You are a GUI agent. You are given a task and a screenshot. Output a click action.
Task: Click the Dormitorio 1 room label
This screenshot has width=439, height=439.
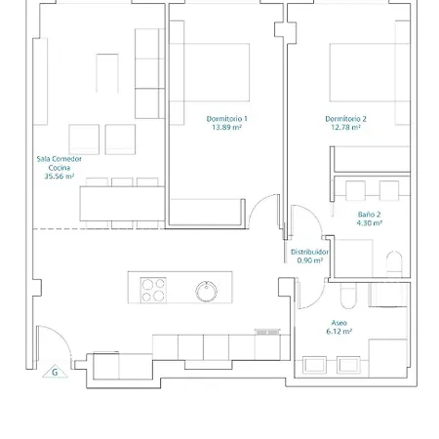pyautogui.click(x=227, y=119)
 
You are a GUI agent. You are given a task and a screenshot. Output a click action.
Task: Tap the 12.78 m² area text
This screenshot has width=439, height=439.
pyautogui.click(x=345, y=128)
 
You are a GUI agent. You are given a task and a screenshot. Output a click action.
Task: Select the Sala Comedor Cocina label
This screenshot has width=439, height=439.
pyautogui.click(x=60, y=163)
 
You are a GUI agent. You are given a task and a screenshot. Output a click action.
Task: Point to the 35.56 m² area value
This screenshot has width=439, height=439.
pyautogui.click(x=60, y=177)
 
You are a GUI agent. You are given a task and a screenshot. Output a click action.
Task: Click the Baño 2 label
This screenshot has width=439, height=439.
pyautogui.click(x=369, y=215)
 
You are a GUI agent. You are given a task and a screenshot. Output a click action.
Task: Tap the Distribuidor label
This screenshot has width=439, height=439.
pyautogui.click(x=309, y=252)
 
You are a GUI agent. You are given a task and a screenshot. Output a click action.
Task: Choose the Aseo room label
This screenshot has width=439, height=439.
pyautogui.click(x=339, y=323)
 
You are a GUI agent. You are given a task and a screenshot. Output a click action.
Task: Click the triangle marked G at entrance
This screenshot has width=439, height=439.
pyautogui.click(x=55, y=372)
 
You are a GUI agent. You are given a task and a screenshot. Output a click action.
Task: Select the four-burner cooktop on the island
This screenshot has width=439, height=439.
pyautogui.click(x=153, y=290)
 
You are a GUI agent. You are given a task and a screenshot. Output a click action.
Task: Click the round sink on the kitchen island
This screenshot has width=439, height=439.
pyautogui.click(x=207, y=292)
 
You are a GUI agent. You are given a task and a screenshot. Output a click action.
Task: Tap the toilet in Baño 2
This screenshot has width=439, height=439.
pyautogui.click(x=394, y=263)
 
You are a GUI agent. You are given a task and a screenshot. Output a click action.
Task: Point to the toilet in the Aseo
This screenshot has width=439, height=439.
pyautogui.click(x=348, y=296)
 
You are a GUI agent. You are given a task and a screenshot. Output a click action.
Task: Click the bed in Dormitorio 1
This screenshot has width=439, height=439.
pyautogui.click(x=210, y=72)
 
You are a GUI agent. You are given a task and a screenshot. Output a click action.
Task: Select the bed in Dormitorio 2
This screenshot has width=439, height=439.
pyautogui.click(x=370, y=72)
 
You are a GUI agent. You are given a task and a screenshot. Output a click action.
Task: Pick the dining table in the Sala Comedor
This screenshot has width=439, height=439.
pyautogui.click(x=122, y=204)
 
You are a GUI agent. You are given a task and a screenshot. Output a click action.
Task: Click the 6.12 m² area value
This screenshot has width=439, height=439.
pyautogui.click(x=339, y=332)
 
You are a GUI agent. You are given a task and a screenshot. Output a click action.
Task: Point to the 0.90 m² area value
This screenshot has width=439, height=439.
pyautogui.click(x=310, y=260)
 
